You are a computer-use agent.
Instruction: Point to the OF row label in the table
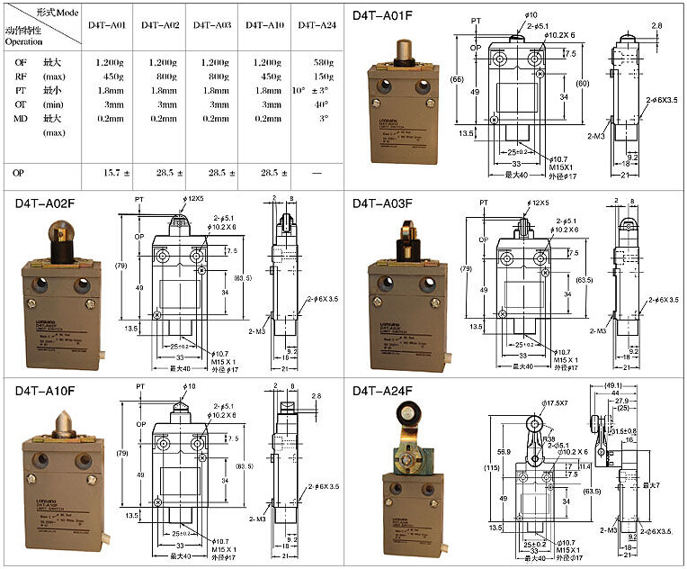click(x=20, y=61)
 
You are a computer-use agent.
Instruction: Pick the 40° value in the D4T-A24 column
click(x=321, y=104)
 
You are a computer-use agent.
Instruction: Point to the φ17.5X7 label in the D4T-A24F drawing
click(x=556, y=401)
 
